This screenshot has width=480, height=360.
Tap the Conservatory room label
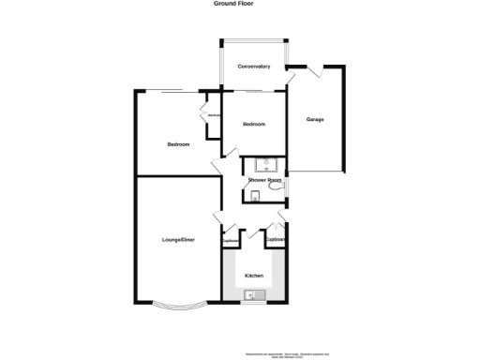click(254, 67)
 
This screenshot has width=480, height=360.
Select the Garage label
click(315, 119)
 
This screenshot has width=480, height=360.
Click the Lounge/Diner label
click(178, 241)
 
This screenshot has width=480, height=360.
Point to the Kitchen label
click(253, 276)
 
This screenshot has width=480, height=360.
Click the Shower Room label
click(265, 179)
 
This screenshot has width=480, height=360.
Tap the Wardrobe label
click(214, 114)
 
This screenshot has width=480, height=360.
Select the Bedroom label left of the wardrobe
click(178, 144)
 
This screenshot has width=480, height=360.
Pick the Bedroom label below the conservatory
click(253, 124)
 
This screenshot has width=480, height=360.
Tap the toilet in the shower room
click(276, 187)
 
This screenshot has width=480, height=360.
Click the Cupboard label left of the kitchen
click(230, 241)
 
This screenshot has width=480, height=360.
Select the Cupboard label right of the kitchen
click(276, 239)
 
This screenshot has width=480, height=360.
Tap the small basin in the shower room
click(255, 195)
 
